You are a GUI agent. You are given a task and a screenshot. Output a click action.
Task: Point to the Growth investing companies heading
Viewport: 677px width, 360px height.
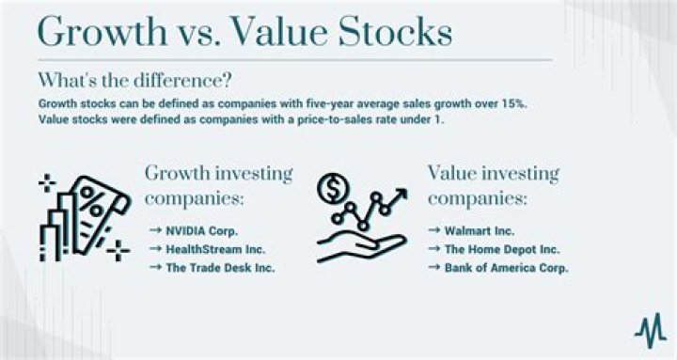tap(218, 185)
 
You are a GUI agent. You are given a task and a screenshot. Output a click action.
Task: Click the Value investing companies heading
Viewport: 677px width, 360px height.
tap(494, 185)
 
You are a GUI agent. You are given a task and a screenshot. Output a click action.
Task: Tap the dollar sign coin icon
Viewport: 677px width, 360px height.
tap(331, 187)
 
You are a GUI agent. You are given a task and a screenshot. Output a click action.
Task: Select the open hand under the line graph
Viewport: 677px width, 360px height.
tap(354, 247)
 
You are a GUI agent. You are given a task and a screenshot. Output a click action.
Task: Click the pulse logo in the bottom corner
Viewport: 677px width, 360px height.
tap(649, 333)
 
